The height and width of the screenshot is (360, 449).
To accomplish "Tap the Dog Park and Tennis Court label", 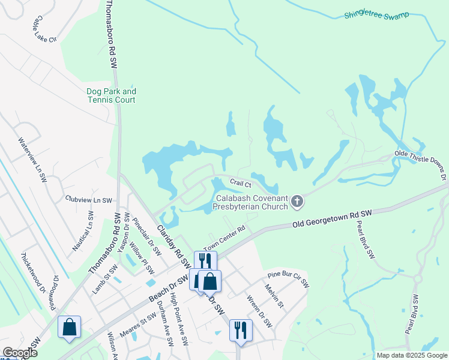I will point(111,95).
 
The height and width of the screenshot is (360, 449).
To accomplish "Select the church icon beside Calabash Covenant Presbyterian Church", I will point(297,203).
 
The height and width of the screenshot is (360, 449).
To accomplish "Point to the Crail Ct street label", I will point(240,182).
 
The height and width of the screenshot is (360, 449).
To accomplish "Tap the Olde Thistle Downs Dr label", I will point(420,166).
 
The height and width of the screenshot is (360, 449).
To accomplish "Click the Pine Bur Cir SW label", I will point(288,277).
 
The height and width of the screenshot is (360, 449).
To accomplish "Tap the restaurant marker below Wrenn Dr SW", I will point(241,329).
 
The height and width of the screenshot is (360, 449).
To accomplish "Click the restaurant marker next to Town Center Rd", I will point(205,260).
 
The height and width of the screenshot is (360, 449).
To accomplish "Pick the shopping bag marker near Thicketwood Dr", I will point(70,327).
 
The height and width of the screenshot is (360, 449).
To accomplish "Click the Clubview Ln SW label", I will point(88,199).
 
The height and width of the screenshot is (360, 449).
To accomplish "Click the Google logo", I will point(19,353).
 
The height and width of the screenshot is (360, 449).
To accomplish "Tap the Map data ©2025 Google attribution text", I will point(412,355).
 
